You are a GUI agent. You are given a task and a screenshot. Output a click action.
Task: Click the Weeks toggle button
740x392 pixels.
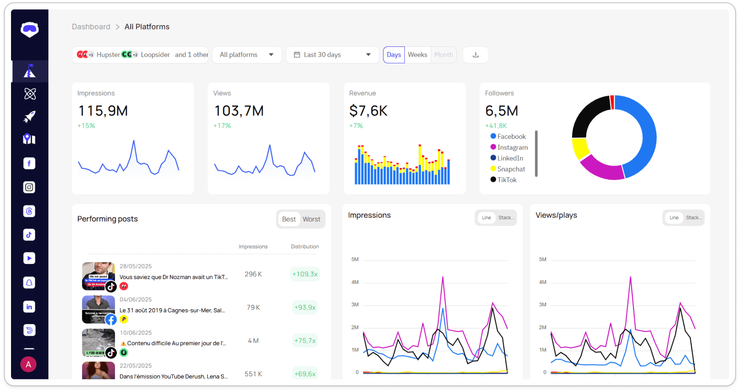coord(417,55)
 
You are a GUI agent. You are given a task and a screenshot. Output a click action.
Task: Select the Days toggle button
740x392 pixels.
coord(394,55)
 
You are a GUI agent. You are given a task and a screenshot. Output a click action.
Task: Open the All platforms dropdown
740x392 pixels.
coord(247,55)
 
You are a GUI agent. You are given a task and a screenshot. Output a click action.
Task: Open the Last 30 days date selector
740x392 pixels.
coord(332,55)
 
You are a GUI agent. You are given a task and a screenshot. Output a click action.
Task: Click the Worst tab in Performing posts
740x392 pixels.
coord(311,219)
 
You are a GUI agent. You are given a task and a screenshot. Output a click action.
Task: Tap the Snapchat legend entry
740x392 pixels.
coord(511,169)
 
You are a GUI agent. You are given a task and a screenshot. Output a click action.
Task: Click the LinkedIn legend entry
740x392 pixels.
coord(510,158)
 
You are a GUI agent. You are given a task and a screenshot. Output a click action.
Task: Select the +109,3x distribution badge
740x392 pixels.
coord(305,274)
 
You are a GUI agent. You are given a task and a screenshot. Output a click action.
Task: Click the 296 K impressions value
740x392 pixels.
coord(253,274)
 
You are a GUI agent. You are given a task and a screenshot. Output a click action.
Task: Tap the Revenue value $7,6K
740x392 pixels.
coord(368,111)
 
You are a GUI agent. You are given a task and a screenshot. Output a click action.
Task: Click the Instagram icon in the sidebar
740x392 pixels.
coord(29,187)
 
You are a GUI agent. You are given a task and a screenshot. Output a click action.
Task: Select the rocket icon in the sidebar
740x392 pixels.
coord(29,116)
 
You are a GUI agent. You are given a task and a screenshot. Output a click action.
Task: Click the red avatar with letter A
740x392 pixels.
coord(28,364)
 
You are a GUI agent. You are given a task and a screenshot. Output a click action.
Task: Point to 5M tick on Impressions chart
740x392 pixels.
coord(355,259)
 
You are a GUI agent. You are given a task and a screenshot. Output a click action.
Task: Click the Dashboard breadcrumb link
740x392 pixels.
coord(91,27)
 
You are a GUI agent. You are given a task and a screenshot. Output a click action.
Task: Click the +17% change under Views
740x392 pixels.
coord(222,126)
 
